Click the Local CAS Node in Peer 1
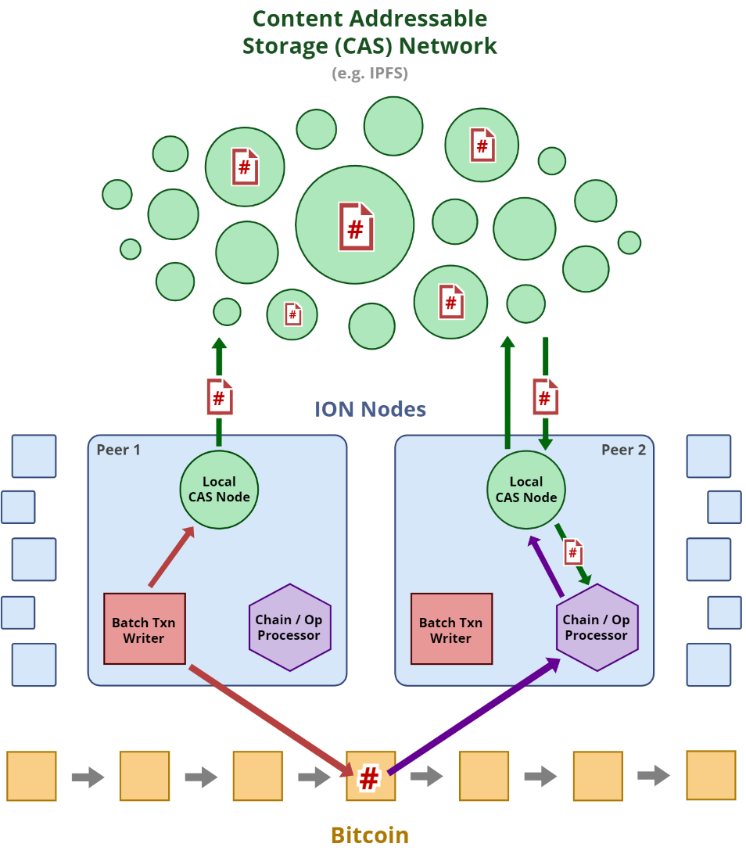coord(220,490)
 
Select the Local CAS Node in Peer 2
coord(526,490)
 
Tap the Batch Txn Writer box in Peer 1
coord(144,630)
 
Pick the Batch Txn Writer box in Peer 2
coord(451,630)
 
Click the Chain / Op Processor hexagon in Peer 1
coord(289,627)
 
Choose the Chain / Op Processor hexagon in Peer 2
coord(597,627)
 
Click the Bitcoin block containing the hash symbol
coord(371,776)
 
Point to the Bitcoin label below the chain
coord(370,835)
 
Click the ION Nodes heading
coord(371,409)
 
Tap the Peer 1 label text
coord(118,450)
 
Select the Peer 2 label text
coord(623,450)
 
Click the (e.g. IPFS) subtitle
coord(370,74)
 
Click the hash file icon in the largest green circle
coord(356,227)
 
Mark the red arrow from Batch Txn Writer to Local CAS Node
coord(171,557)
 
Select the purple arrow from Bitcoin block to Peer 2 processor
coord(474,716)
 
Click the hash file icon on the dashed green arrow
coord(573,552)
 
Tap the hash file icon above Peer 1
coord(220,397)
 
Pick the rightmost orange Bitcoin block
coord(711,775)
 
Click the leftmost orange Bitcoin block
coord(31,776)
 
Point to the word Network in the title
coord(447,45)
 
